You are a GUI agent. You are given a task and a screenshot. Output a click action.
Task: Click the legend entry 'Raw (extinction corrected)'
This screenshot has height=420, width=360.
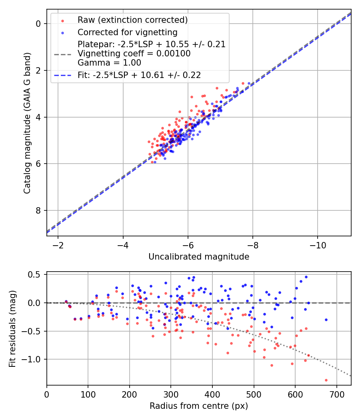click(132, 20)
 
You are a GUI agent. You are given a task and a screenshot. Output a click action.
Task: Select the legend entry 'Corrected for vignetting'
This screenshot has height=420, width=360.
click(128, 32)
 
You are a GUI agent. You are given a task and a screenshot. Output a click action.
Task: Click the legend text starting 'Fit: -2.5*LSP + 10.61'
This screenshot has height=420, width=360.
click(139, 75)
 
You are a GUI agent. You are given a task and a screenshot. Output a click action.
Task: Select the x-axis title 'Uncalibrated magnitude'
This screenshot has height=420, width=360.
click(199, 257)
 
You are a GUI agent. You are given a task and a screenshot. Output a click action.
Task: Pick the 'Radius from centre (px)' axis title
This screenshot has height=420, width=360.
click(199, 406)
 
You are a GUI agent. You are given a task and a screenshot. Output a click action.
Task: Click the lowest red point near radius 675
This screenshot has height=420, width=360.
click(326, 380)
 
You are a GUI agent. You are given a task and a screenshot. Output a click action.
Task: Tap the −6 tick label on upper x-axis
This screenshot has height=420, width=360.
click(188, 244)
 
